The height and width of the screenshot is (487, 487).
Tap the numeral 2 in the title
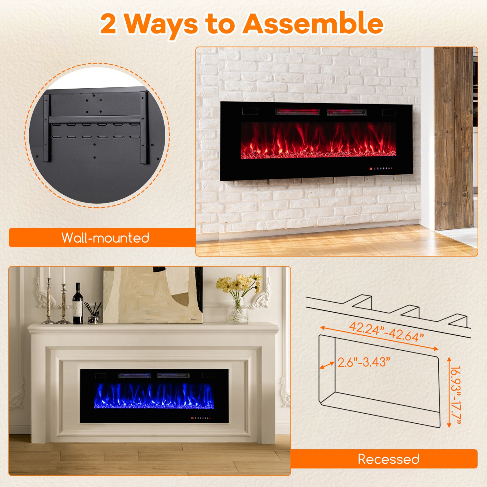click(108, 24)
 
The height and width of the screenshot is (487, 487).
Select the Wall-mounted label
click(105, 238)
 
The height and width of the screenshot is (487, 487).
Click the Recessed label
click(388, 459)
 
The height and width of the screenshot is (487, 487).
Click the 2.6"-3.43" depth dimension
click(364, 362)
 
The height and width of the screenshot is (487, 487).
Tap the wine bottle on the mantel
click(78, 305)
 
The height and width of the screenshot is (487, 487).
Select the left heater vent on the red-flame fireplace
click(297, 112)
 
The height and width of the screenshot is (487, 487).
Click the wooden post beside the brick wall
click(454, 138)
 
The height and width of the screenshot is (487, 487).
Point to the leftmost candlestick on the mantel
click(49, 300)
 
